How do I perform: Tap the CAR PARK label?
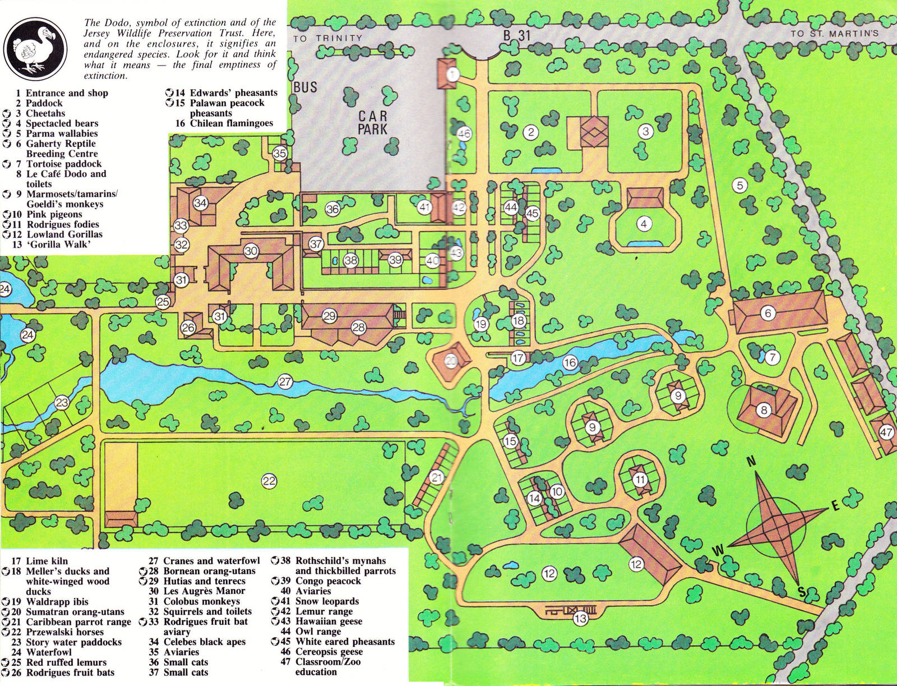(x=373, y=123)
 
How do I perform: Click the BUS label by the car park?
(x=306, y=87)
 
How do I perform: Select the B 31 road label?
(x=516, y=35)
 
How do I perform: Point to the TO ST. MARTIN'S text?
(x=834, y=34)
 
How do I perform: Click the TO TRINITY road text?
(x=327, y=38)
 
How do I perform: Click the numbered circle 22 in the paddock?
(x=270, y=481)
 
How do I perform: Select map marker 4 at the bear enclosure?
(x=644, y=224)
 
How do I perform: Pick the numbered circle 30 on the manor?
(x=251, y=251)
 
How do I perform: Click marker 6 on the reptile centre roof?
(x=767, y=314)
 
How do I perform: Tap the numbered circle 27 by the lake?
(x=285, y=382)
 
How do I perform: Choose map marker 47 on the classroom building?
(x=886, y=432)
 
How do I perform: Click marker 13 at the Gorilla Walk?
(x=580, y=619)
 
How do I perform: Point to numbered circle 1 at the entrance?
(x=454, y=73)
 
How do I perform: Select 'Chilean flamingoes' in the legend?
(x=231, y=123)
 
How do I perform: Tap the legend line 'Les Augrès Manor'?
(x=204, y=591)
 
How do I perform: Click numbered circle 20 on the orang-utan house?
(x=451, y=361)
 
